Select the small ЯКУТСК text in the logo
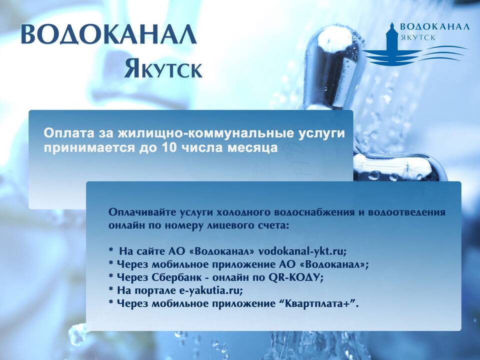tap(418, 38)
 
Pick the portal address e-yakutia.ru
tap(210, 290)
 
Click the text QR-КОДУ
tap(295, 277)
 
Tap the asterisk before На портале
tap(111, 289)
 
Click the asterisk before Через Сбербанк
tap(111, 276)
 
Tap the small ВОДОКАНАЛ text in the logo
tap(434, 26)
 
